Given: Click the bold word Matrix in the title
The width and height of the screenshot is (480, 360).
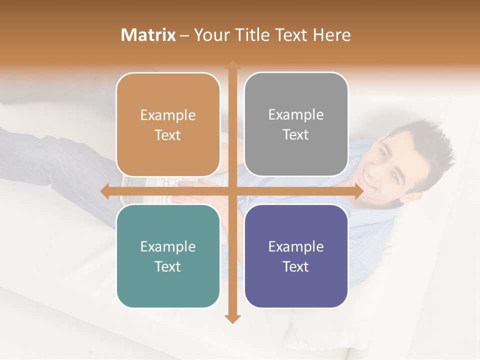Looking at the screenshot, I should coord(148,35).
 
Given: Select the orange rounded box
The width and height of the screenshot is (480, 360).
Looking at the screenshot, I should coord(168,125).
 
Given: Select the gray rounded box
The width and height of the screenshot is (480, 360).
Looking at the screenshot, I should coord(296,124).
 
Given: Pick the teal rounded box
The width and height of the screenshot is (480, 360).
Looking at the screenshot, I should coord(168,256).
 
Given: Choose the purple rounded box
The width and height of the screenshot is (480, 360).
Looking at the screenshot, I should coord(296,256).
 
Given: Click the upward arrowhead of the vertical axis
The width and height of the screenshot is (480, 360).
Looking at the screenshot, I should coord(232,64).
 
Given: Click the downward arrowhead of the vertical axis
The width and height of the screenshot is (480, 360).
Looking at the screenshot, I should coord(232,318).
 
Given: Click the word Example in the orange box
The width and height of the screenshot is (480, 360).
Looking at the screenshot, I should coord(168,115).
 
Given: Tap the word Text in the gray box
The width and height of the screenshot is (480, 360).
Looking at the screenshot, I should coord(296,135).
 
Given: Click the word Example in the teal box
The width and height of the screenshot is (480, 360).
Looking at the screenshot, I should coord(168,246).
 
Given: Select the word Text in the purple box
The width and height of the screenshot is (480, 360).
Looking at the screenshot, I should coord(296,266).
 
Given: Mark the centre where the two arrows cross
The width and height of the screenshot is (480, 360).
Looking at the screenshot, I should coord(232,191).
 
